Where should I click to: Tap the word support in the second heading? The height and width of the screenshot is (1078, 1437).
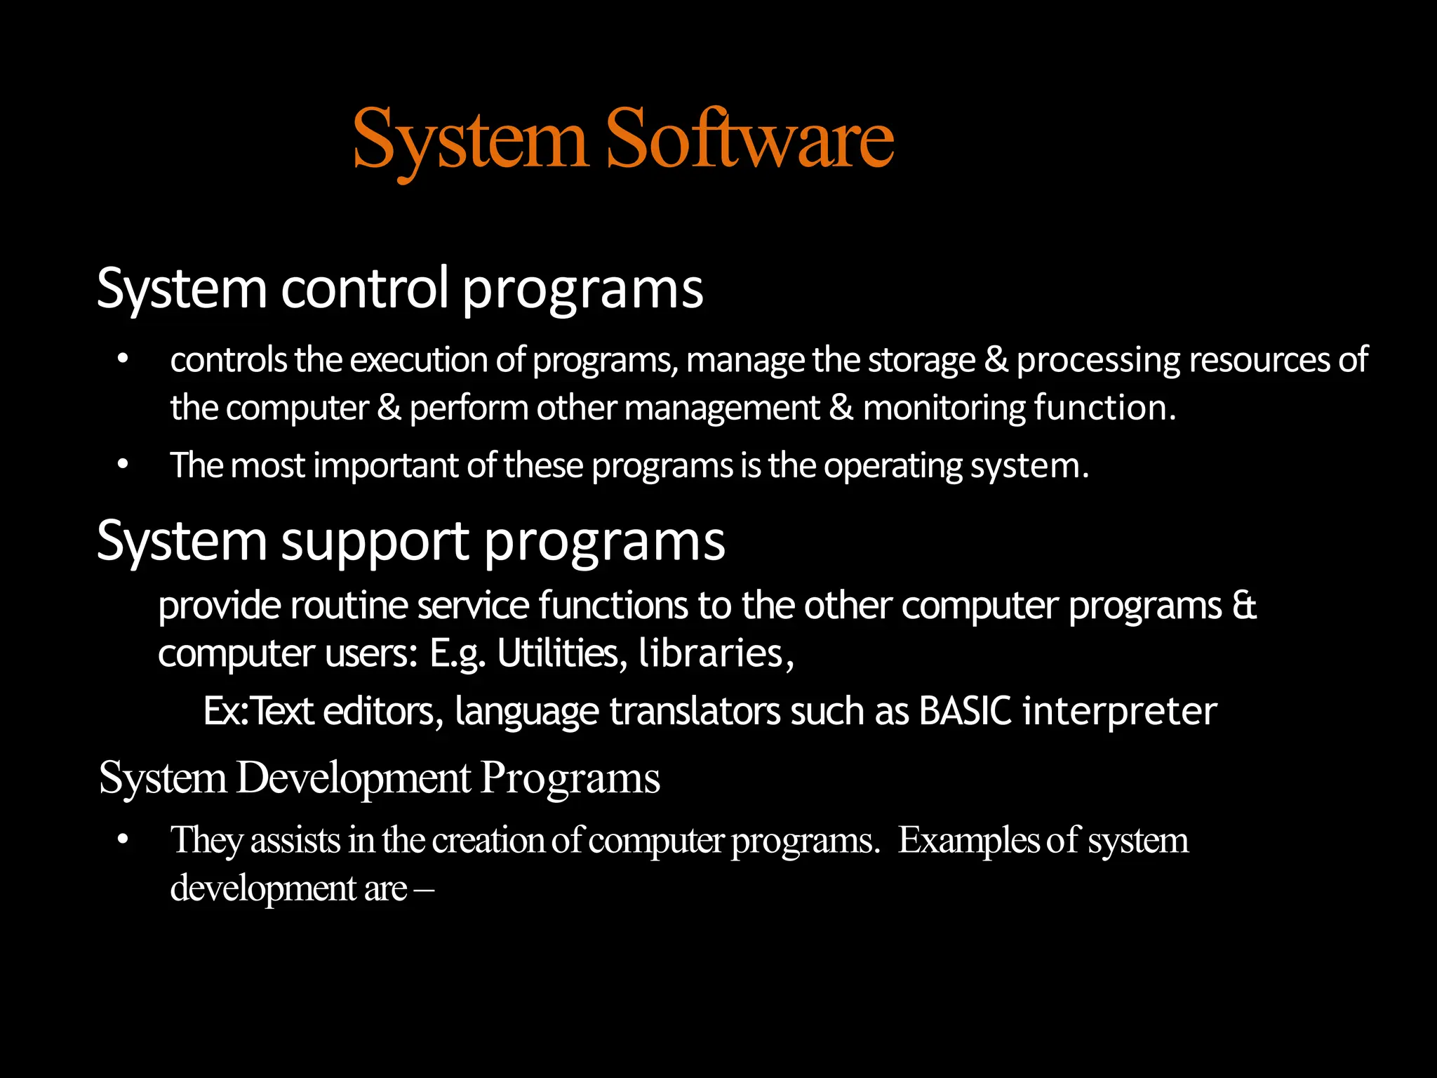[375, 541]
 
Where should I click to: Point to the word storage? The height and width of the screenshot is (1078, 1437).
[921, 360]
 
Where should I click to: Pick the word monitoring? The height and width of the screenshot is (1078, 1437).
[944, 408]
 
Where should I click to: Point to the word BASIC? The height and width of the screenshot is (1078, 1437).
[965, 711]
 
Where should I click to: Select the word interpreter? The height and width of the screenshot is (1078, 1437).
[1119, 712]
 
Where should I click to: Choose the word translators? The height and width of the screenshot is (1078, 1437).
[695, 711]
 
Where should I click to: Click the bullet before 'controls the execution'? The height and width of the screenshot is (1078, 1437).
[123, 359]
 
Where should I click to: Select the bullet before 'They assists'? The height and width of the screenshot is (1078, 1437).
[123, 839]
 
